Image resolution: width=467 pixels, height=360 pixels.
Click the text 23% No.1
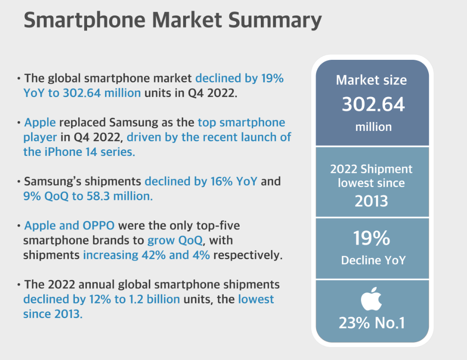[371, 324]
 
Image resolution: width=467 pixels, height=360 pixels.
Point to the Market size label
[371, 80]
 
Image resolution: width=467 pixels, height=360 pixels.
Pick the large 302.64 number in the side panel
[373, 104]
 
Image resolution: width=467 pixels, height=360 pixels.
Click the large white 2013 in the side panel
[371, 201]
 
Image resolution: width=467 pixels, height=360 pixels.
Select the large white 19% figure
[371, 238]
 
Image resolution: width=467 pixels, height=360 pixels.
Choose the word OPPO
[99, 226]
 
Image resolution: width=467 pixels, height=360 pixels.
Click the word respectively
[246, 255]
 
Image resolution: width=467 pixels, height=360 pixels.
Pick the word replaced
[82, 123]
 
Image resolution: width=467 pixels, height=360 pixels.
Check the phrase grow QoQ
[175, 240]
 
